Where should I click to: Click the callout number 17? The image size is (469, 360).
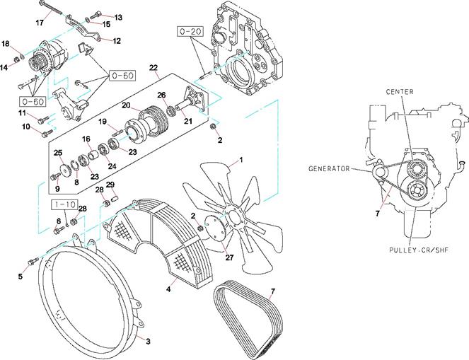click(x=40, y=22)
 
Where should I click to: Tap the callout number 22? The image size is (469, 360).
click(x=153, y=68)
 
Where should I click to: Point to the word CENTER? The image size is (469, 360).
click(x=399, y=92)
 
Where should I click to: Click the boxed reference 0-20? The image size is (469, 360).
click(x=191, y=32)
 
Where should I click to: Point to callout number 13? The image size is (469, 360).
click(x=118, y=16)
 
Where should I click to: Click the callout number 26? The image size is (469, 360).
click(x=161, y=95)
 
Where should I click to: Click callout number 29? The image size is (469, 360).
click(x=110, y=185)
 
